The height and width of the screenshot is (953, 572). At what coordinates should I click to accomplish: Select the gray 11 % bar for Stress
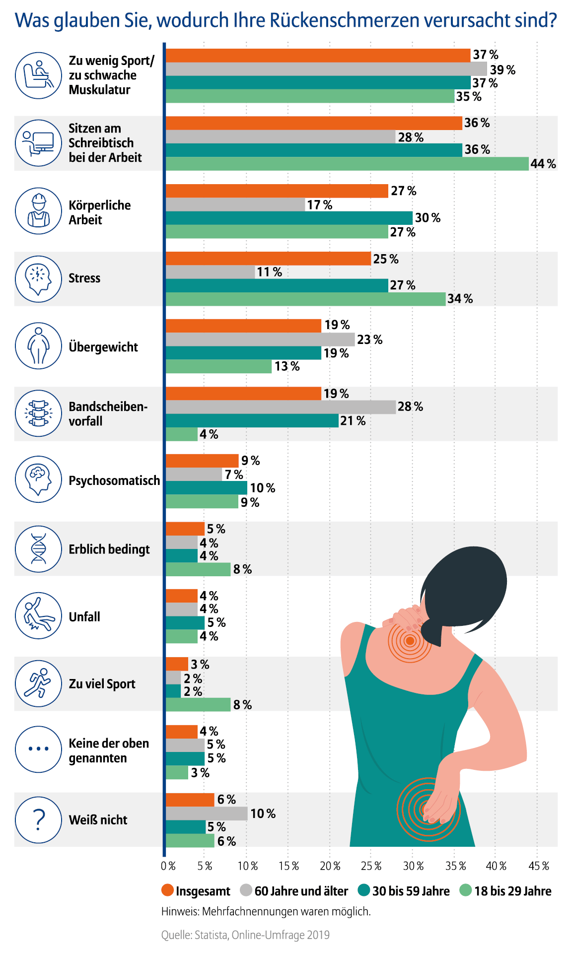210,272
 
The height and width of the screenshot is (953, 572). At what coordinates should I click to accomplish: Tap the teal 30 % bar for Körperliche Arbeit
288,218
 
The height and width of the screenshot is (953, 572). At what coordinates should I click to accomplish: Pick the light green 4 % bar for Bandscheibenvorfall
181,434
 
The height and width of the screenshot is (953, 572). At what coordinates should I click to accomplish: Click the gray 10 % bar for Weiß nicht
206,814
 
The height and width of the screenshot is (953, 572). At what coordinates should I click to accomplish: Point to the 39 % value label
502,70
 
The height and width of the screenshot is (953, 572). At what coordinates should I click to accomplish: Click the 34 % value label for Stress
460,299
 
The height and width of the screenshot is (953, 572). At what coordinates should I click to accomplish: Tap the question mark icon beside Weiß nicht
38,820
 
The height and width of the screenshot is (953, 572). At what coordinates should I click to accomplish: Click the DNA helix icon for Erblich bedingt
38,549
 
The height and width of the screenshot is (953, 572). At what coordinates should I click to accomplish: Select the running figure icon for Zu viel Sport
38,684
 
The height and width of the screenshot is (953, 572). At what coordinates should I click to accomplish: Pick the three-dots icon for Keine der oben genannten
38,749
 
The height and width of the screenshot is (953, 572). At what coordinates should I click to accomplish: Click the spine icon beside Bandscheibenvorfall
38,413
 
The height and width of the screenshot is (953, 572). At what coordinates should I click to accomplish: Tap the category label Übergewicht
103,347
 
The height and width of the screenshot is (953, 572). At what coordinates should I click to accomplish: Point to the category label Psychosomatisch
114,480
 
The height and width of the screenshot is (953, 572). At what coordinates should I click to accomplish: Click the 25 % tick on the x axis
371,866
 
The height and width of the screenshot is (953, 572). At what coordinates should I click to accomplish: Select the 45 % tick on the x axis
538,866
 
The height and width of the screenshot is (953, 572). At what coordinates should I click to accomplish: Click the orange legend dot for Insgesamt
167,890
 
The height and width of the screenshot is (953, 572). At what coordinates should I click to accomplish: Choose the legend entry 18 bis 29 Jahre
512,891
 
